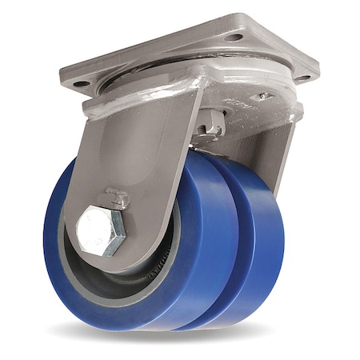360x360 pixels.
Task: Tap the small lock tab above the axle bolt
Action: point(117,194)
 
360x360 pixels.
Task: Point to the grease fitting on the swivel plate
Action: point(262,97)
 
